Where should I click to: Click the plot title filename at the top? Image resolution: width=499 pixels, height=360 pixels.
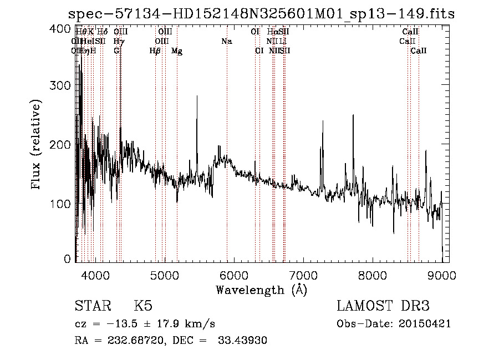click(x=261, y=14)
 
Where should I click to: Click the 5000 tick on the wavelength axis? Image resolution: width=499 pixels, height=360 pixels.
click(x=164, y=275)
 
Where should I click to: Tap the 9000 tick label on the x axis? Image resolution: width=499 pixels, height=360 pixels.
click(x=442, y=275)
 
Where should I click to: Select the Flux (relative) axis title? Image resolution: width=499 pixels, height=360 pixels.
click(x=37, y=144)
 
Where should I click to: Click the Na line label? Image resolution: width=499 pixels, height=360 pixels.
click(x=226, y=41)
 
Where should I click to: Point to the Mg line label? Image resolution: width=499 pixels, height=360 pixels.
click(x=177, y=51)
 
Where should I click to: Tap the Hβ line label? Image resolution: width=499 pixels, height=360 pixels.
click(x=155, y=51)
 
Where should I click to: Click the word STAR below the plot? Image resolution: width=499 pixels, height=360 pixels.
click(x=93, y=306)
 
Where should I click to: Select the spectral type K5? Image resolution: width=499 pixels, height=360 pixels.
click(x=143, y=306)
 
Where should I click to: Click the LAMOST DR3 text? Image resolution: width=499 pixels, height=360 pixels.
click(x=383, y=306)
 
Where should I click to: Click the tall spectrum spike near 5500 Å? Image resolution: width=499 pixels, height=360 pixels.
click(x=197, y=98)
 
